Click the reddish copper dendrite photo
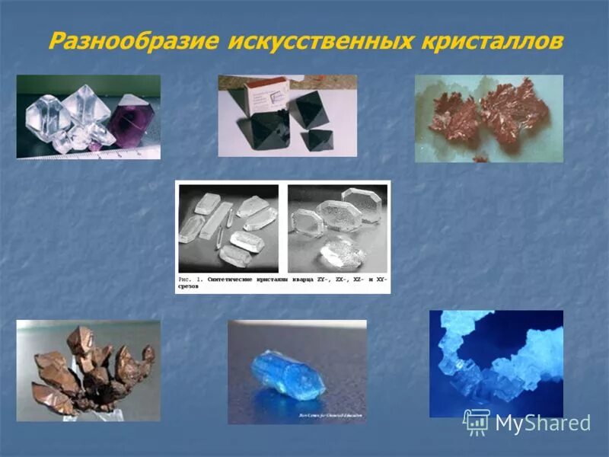pos(489,118)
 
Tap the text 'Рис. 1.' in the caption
pos(190,280)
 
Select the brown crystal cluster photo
pos(88,370)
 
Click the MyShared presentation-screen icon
pos(477,421)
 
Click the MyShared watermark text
pos(543,423)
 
